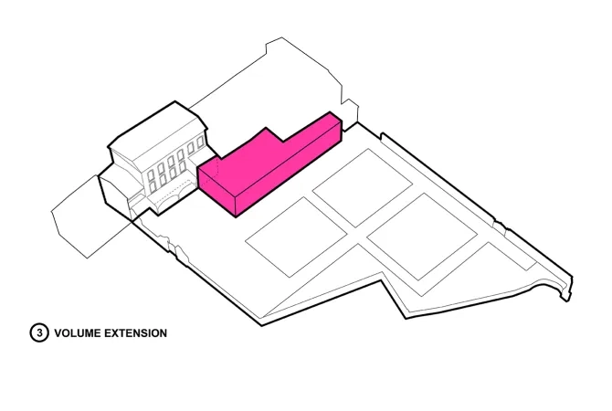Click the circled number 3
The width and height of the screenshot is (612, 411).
39,333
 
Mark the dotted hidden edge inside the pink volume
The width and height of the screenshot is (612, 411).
216,169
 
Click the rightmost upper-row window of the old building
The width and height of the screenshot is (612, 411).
201,142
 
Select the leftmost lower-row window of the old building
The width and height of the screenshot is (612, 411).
153,187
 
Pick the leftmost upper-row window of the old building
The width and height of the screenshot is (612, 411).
151,176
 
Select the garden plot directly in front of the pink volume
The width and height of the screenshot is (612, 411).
296,237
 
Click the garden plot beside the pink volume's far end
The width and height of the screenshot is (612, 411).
363,188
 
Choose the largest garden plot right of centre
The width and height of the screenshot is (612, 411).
422,237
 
